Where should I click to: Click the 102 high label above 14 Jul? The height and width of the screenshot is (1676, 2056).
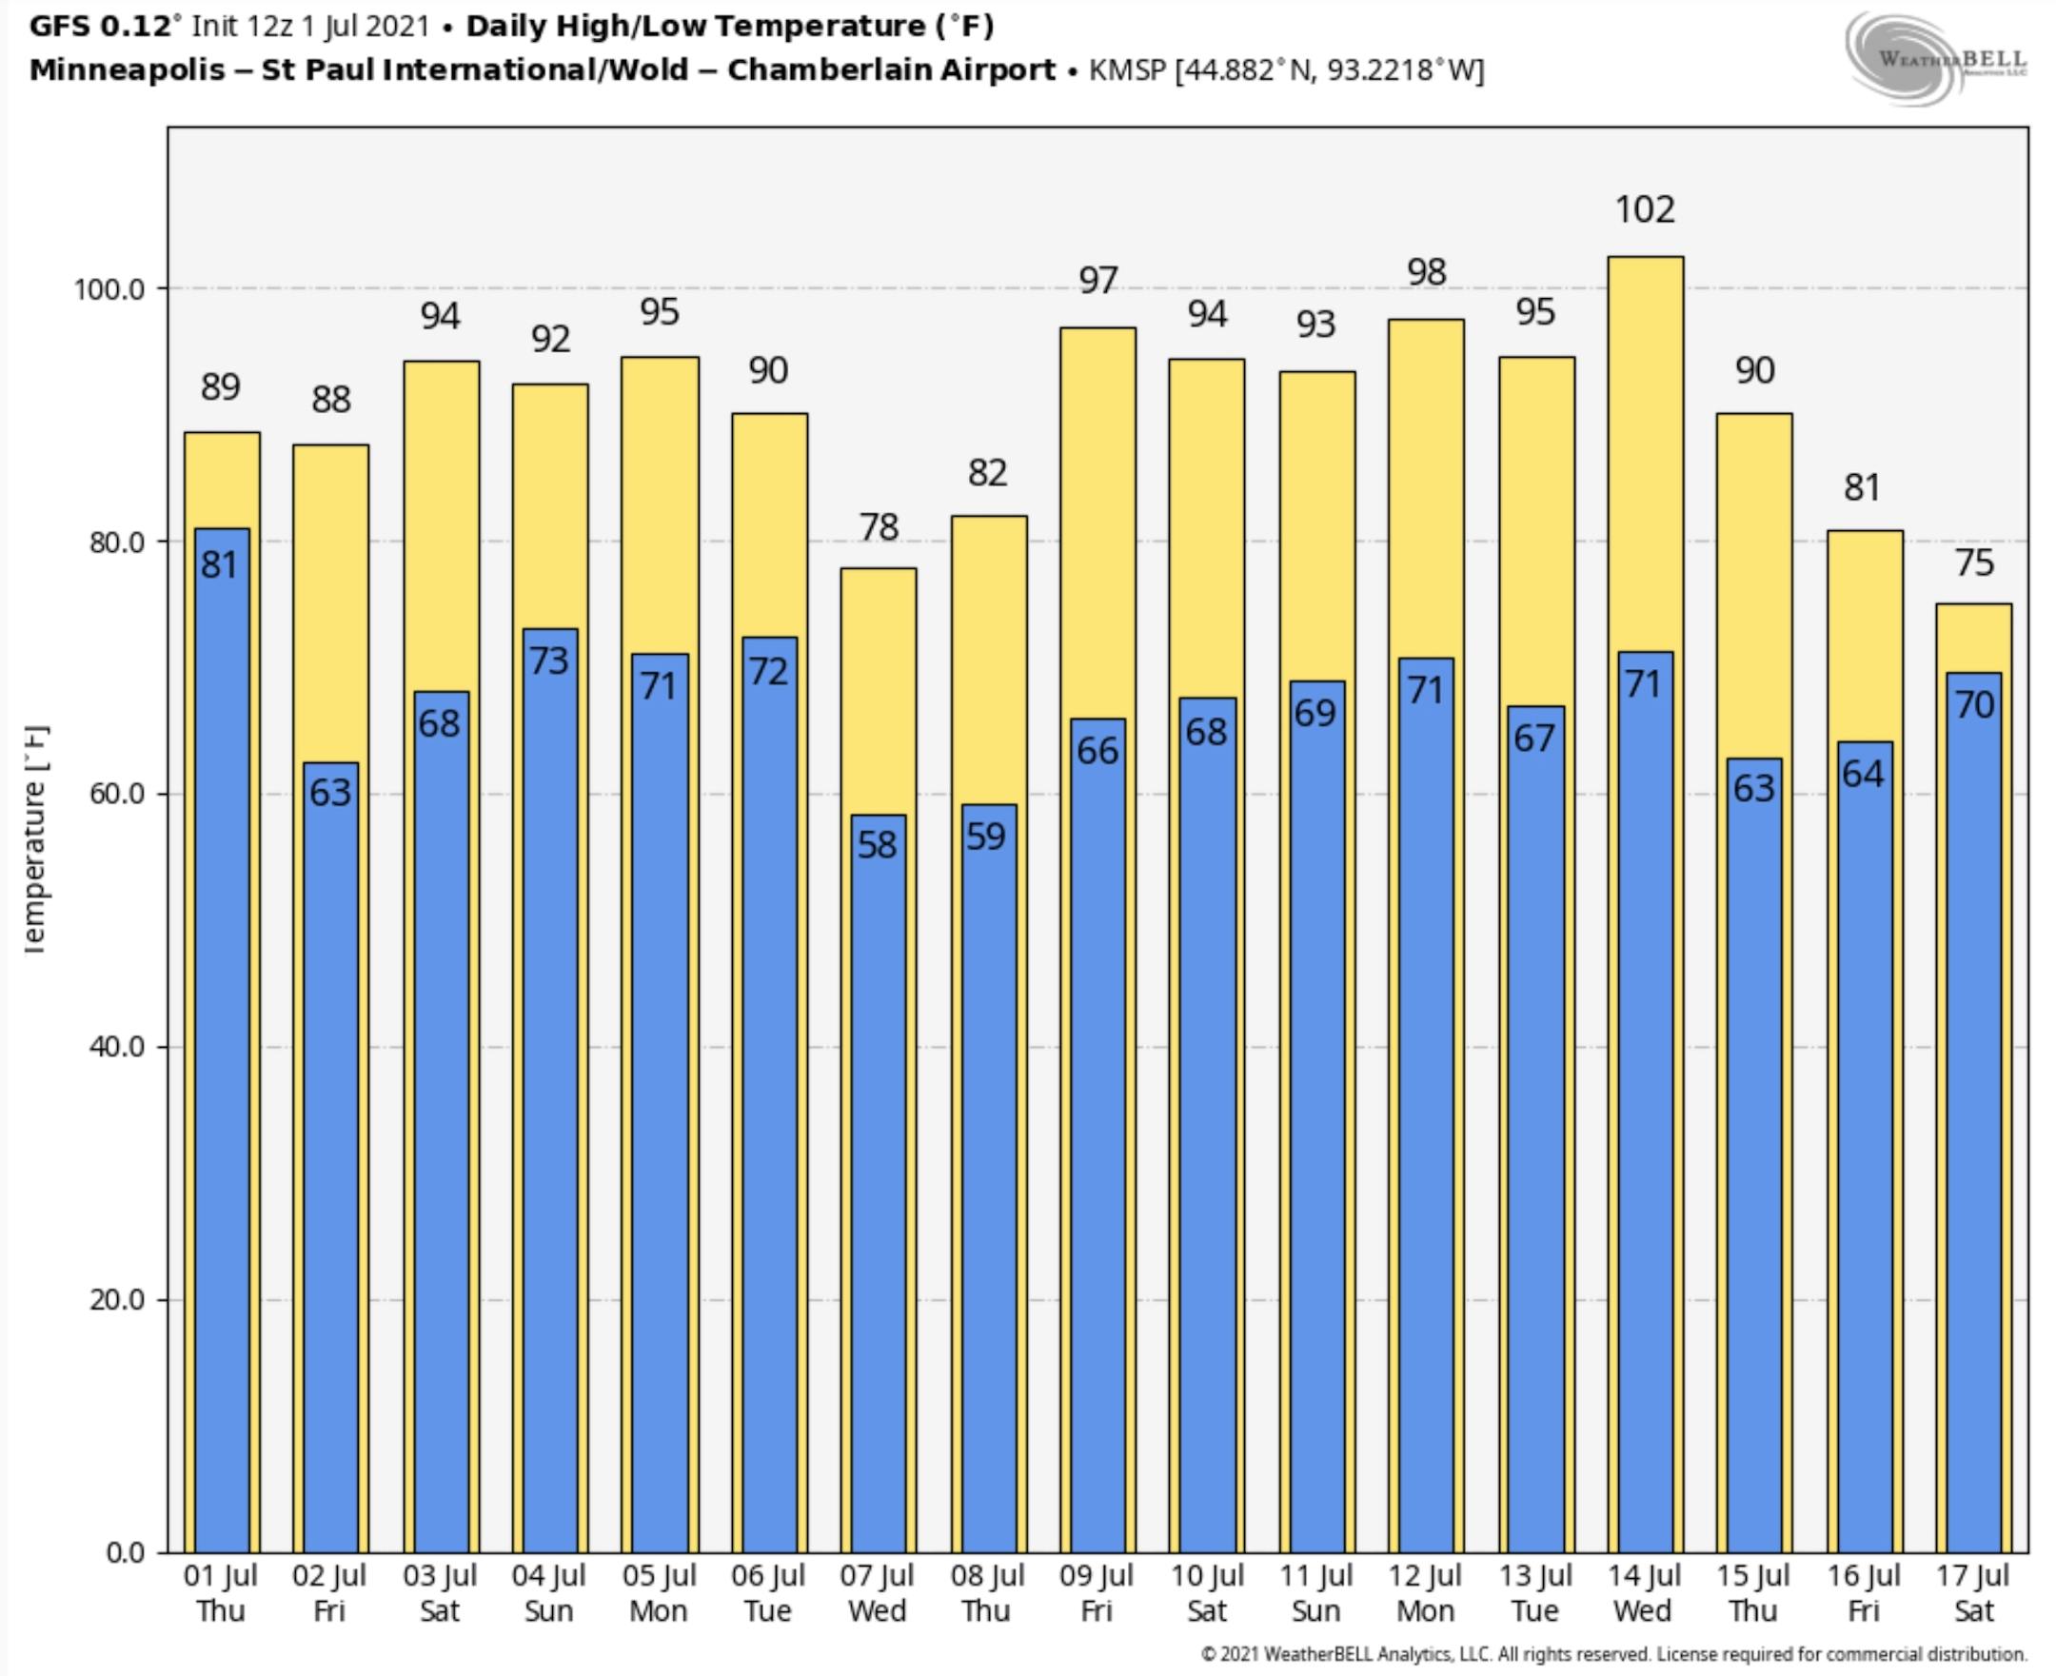[1645, 209]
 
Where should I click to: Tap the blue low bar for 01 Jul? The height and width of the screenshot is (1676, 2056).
[221, 1043]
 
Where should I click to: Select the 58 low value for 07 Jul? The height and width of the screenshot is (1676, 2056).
[877, 845]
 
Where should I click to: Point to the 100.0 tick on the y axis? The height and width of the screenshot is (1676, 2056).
[109, 288]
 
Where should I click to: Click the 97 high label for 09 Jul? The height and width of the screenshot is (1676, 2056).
[1098, 281]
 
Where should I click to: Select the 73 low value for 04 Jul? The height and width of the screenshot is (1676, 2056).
[548, 661]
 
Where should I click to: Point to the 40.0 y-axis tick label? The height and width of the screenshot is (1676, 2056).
[116, 1047]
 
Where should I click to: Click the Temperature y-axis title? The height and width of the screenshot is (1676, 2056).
[35, 840]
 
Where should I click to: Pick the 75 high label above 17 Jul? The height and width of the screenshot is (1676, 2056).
[1974, 562]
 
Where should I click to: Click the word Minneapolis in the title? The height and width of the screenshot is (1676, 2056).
[127, 70]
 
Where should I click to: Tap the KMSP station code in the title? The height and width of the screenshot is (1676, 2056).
[1127, 70]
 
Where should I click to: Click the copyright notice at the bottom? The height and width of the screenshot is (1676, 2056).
[1612, 1655]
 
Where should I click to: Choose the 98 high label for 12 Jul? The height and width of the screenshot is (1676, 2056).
[1427, 272]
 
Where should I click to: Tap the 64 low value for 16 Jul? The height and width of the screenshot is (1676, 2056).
[1862, 774]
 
